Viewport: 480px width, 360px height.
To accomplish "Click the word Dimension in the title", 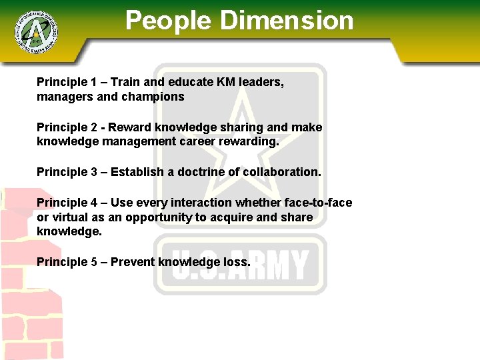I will coord(287,21).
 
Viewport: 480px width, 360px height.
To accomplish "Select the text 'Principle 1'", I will coord(62,82).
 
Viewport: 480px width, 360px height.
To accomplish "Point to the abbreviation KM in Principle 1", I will coord(225,82).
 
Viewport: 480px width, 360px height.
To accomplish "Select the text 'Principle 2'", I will coord(62,127).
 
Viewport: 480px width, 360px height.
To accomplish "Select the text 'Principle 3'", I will coord(62,171).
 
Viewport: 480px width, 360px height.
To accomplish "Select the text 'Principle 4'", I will coord(62,202).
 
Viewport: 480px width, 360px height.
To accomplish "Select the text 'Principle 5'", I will coord(62,261).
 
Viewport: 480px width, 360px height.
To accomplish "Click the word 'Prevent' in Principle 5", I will coord(133,261).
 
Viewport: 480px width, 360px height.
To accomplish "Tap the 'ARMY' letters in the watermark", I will coord(281,265).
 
